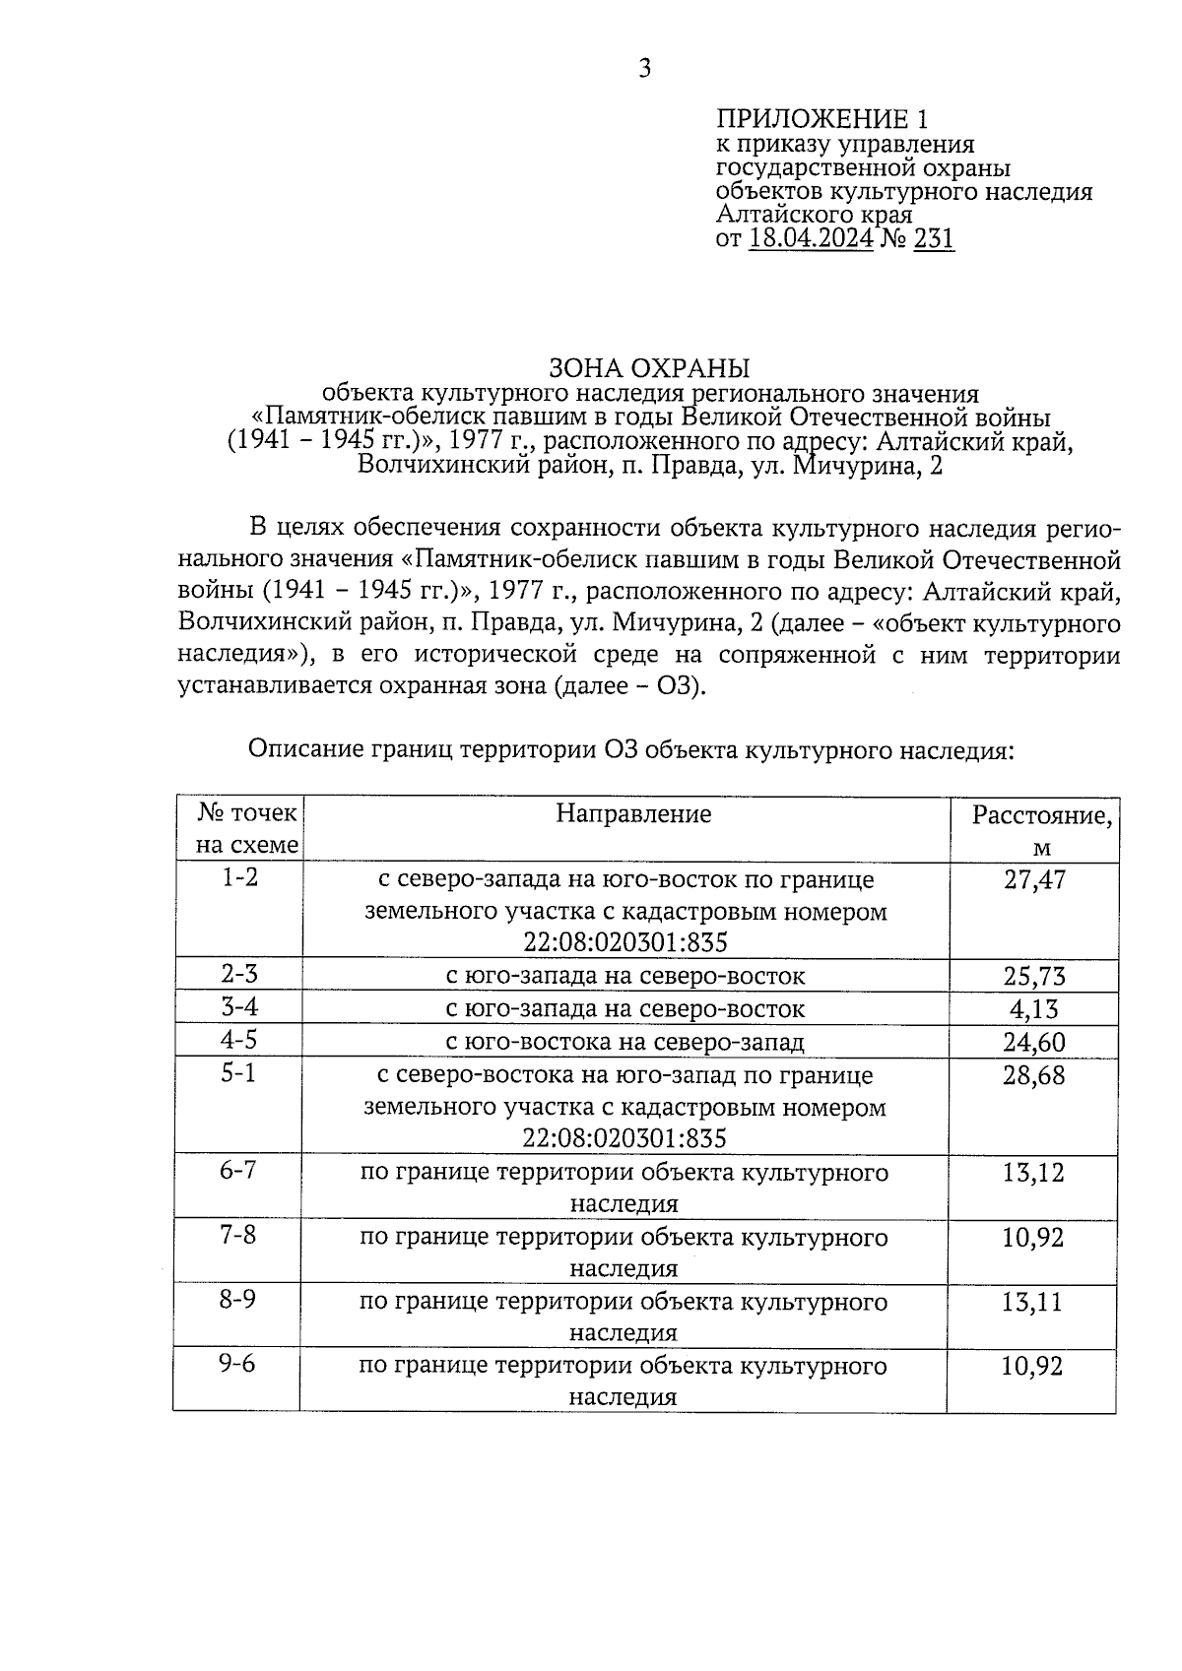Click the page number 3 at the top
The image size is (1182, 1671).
coord(645,68)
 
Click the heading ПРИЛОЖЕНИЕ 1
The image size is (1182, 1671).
coord(821,119)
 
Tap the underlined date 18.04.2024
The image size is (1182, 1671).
coord(811,238)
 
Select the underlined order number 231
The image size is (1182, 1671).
coord(934,238)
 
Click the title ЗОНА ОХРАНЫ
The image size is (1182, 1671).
coord(649,368)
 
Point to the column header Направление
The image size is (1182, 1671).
coord(633,813)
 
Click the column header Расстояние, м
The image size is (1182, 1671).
coord(1042,830)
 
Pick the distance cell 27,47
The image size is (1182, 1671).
coord(1034,879)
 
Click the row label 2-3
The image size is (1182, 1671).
coord(239,975)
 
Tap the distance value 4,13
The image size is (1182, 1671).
coord(1034,1009)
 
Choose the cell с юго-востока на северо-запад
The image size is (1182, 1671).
coord(625,1042)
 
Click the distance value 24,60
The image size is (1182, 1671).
coord(1034,1042)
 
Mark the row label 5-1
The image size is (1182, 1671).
coord(238,1074)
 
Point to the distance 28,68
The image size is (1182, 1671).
coord(1034,1075)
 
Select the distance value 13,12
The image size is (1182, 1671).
coord(1033,1173)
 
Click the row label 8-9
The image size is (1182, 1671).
coord(238,1301)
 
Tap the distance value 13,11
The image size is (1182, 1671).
coord(1033,1302)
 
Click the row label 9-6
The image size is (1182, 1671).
coord(238,1366)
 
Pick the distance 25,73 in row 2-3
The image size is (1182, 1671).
coord(1034,976)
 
